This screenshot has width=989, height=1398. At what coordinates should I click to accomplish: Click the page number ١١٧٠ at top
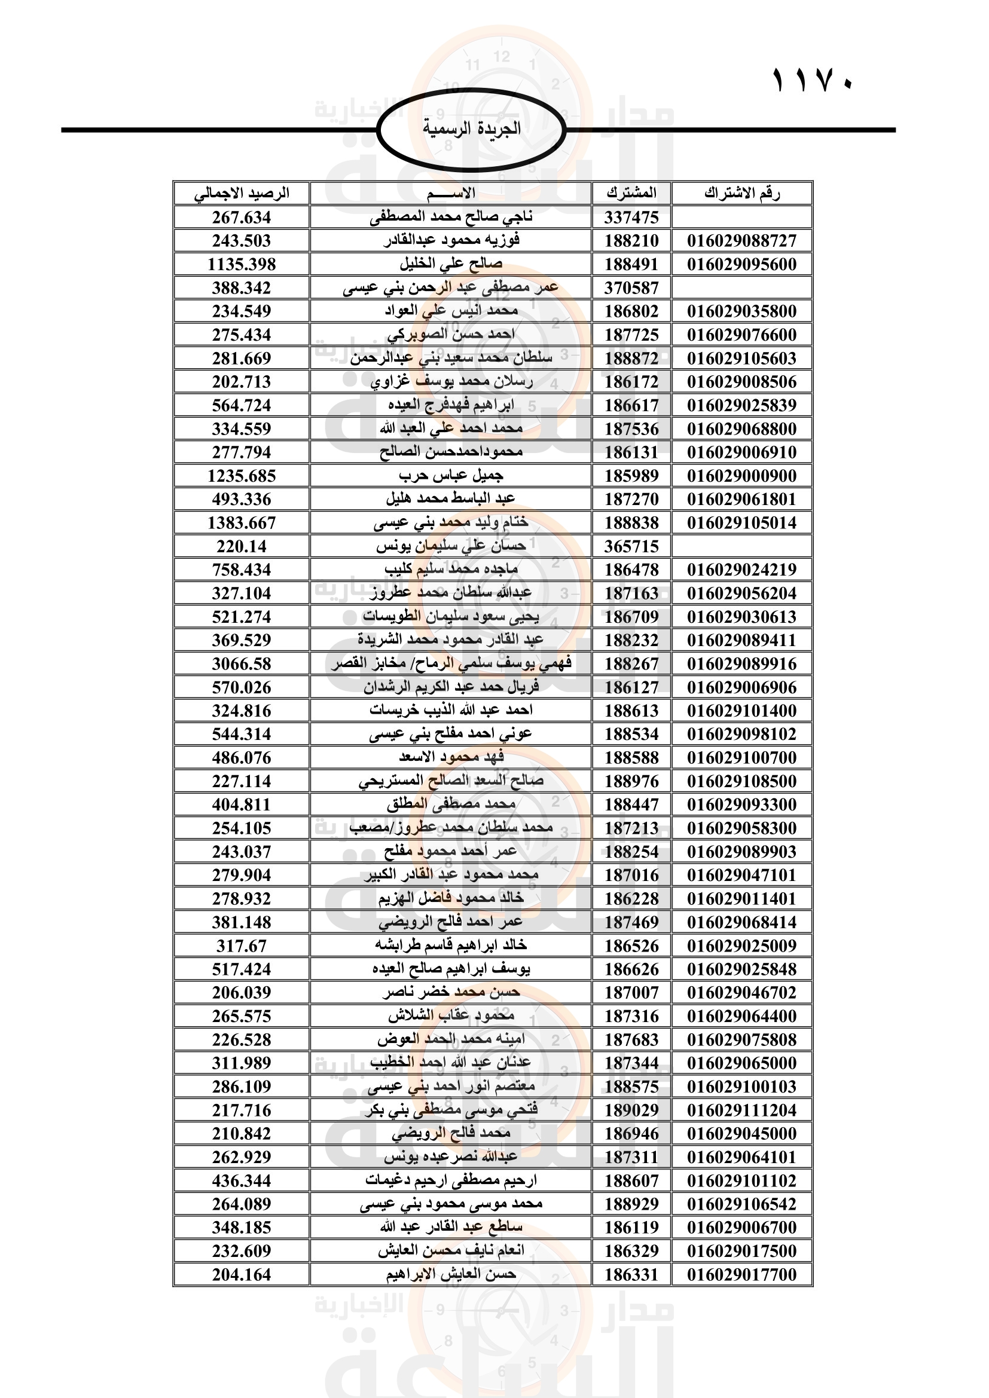point(813,81)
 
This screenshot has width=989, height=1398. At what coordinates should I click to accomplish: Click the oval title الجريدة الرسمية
point(471,129)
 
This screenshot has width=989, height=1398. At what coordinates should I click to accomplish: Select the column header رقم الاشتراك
point(741,194)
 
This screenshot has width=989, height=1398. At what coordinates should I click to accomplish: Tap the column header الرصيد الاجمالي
point(241,194)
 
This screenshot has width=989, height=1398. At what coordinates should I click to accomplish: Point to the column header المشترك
point(631,194)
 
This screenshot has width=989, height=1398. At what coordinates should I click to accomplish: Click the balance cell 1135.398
point(241,264)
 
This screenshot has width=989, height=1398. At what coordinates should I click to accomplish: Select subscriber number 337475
point(631,218)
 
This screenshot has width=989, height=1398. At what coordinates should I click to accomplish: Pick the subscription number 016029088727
point(741,240)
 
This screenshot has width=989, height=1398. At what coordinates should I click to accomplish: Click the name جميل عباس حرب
point(451,476)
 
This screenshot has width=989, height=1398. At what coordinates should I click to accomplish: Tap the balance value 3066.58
point(241,663)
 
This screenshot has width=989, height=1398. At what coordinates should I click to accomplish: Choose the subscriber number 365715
point(631,546)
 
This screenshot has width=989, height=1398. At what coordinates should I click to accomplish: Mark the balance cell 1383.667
point(241,522)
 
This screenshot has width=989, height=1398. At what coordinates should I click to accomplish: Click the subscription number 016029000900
point(741,476)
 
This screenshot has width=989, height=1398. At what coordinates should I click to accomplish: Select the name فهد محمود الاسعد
point(451,757)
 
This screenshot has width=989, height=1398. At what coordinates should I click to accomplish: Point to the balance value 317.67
point(241,946)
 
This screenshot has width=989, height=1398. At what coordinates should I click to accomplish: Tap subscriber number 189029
point(631,1110)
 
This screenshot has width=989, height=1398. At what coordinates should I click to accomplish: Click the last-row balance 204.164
point(241,1274)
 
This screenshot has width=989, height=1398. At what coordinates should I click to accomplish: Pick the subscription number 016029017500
point(741,1250)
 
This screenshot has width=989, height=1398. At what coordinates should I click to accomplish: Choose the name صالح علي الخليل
point(451,264)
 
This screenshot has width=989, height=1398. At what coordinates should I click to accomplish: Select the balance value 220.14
point(241,546)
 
